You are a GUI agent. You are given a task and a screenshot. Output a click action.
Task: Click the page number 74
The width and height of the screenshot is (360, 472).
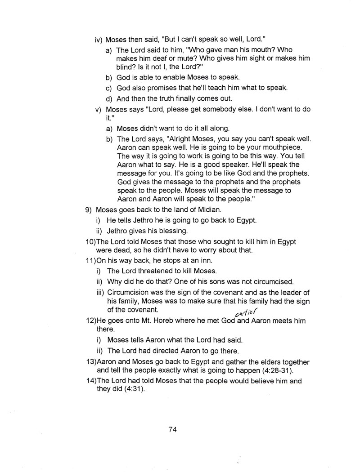click(x=172, y=429)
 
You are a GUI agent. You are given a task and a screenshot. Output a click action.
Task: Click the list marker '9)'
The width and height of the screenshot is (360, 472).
click(x=89, y=209)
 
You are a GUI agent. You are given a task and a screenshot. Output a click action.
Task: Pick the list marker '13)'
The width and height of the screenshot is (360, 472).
click(x=91, y=362)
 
